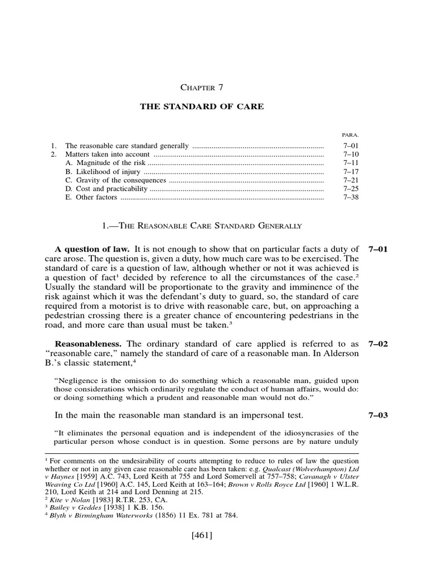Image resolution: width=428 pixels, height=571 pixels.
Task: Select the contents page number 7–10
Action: coord(352,154)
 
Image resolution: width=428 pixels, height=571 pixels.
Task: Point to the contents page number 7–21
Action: coord(352,180)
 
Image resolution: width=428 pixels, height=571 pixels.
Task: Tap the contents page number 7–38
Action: coord(352,197)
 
